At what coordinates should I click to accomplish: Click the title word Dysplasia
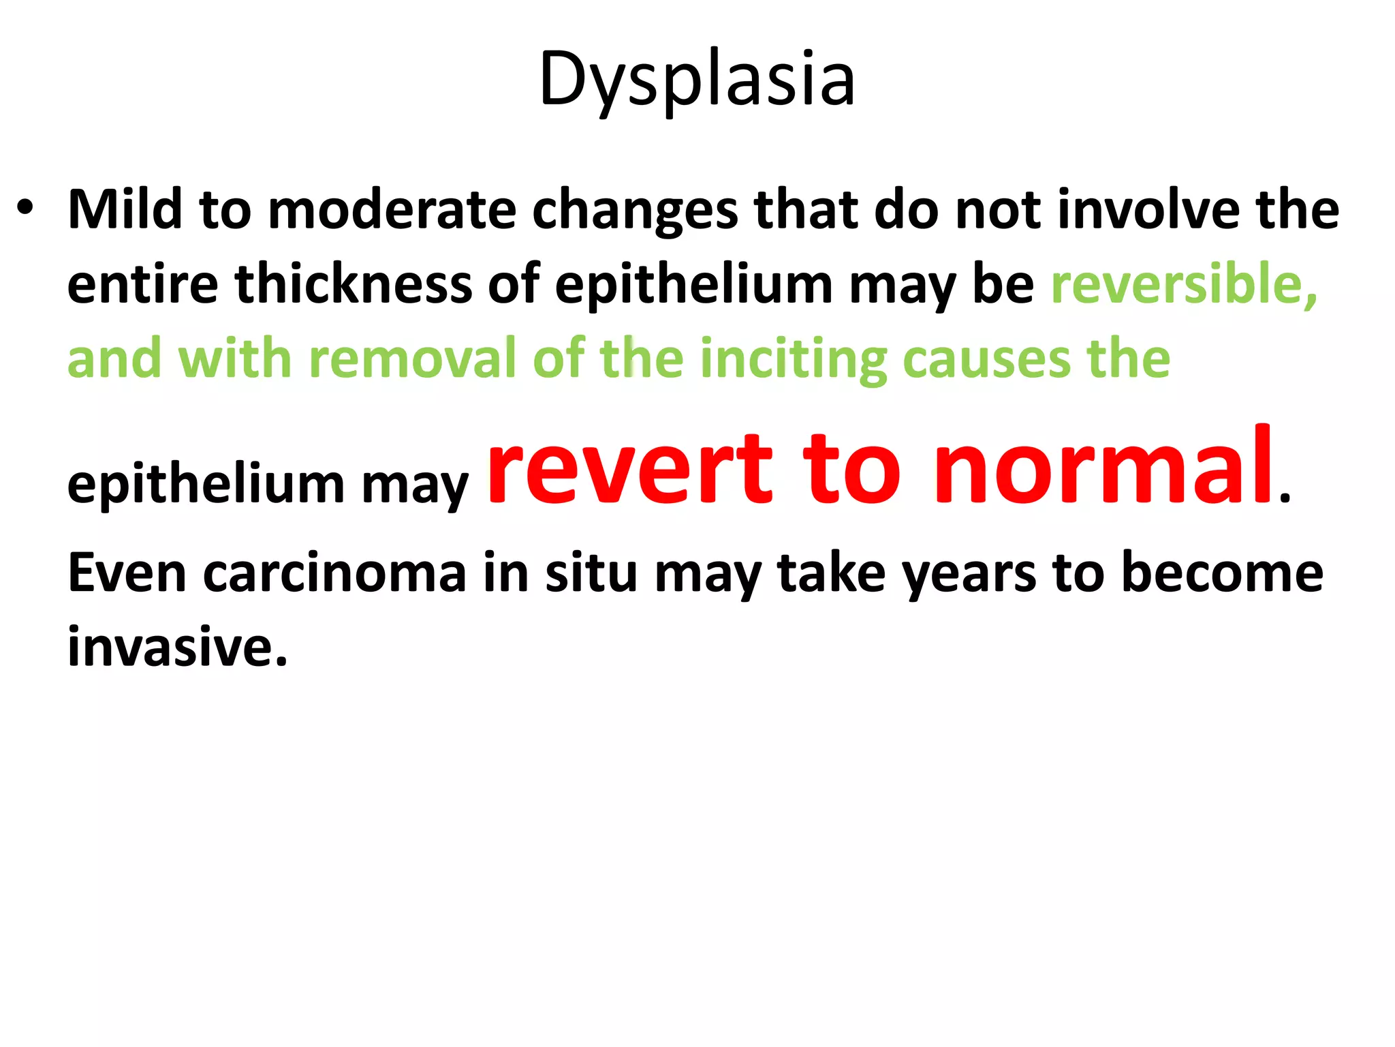(696, 80)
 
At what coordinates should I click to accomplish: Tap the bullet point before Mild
(25, 207)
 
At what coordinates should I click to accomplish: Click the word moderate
(392, 210)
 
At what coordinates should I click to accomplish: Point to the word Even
(127, 573)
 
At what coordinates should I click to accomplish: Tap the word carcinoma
(334, 573)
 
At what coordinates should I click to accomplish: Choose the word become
(1222, 573)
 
